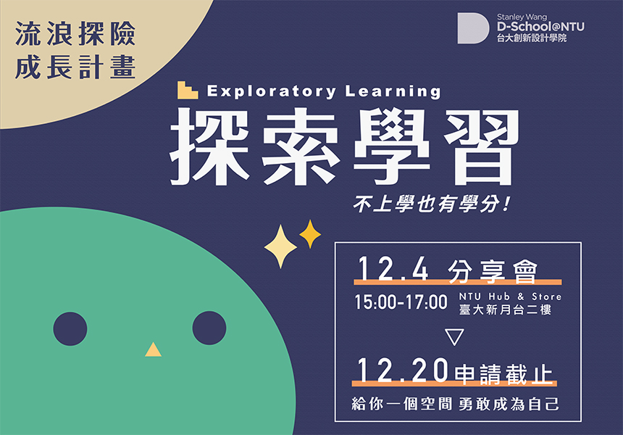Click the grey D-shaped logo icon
pyautogui.click(x=473, y=28)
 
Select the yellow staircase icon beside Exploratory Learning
pyautogui.click(x=188, y=90)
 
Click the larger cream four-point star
pyautogui.click(x=281, y=246)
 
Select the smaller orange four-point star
pyautogui.click(x=310, y=233)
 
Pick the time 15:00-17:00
pyautogui.click(x=401, y=302)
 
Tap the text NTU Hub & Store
pyautogui.click(x=510, y=297)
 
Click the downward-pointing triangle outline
pyautogui.click(x=454, y=337)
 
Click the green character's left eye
pyautogui.click(x=70, y=328)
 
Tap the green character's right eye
pyautogui.click(x=209, y=328)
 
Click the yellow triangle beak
pyautogui.click(x=153, y=350)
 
